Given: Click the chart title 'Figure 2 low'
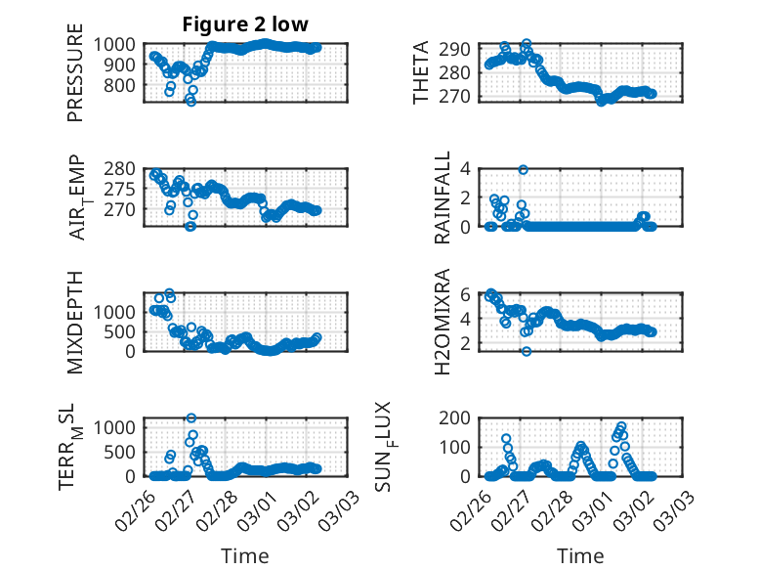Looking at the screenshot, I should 245,25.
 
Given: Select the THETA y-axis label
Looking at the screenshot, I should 421,71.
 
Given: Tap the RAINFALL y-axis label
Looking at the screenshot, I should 443,197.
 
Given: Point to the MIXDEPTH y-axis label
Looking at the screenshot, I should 76,322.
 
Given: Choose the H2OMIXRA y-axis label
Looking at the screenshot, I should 443,322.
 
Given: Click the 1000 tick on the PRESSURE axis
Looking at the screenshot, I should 120,44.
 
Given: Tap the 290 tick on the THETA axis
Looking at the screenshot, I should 462,49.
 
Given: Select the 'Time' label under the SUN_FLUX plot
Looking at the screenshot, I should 580,556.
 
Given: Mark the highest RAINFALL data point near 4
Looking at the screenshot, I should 524,169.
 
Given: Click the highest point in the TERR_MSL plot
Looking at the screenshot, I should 191,418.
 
